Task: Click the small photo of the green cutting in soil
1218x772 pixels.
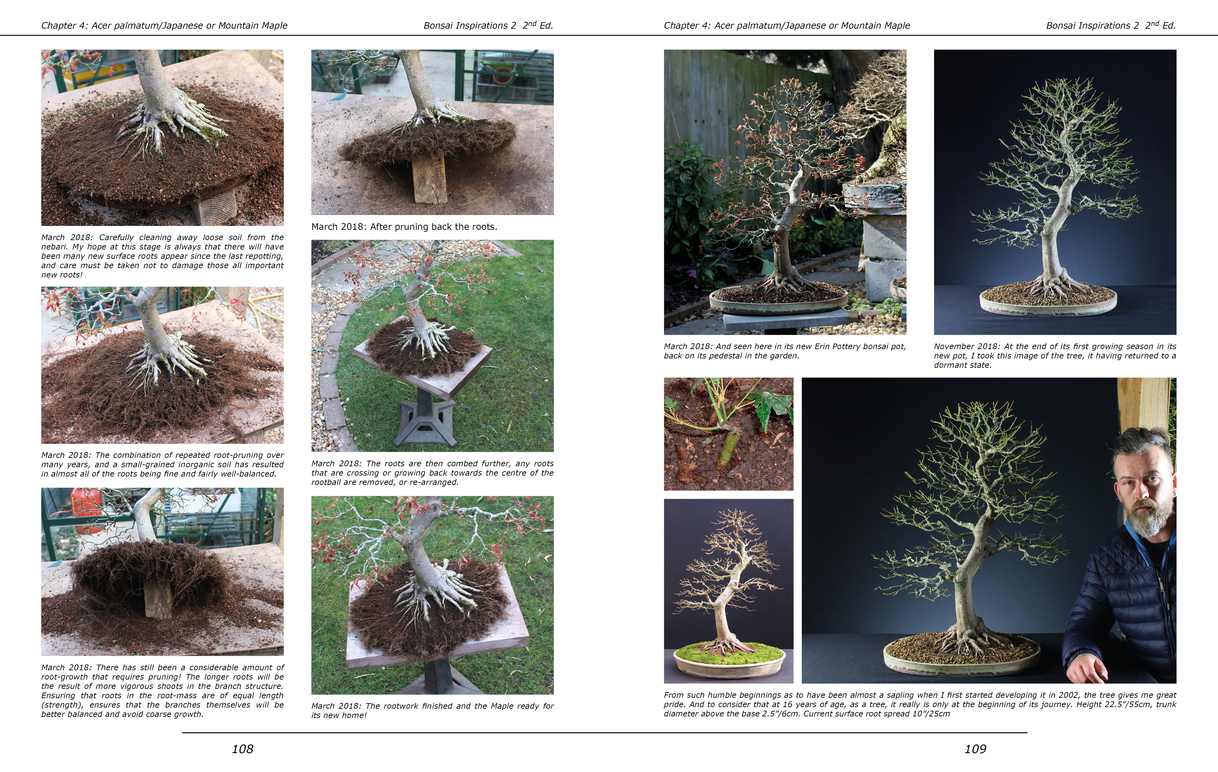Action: point(728,434)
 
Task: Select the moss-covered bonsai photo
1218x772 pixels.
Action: point(728,591)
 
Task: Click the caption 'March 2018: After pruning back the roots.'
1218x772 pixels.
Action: point(404,227)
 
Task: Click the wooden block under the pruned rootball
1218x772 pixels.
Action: point(430,177)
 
